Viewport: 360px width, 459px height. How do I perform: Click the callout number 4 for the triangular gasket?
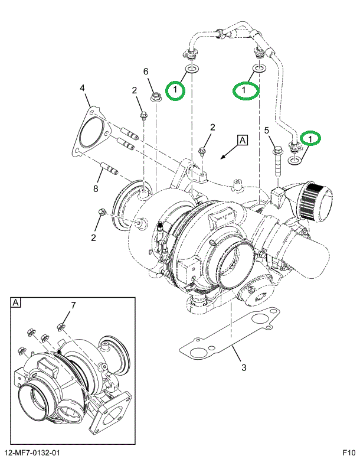tap(82, 88)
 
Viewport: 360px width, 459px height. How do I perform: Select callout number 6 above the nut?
tap(146, 71)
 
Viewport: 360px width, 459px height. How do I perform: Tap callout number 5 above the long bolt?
tap(267, 130)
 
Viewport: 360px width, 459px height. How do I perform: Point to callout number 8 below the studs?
tap(96, 189)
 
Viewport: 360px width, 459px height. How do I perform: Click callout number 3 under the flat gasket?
tap(244, 367)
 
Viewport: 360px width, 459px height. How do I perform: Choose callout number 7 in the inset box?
tap(73, 305)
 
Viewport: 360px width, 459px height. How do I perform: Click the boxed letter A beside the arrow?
tap(243, 140)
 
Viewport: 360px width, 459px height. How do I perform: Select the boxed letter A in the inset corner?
tap(16, 302)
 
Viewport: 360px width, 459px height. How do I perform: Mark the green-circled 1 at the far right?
tap(310, 138)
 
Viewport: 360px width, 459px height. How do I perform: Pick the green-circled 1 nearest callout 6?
tap(175, 90)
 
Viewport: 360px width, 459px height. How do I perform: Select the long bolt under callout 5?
tap(277, 162)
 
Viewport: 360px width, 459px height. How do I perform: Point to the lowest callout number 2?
tap(93, 237)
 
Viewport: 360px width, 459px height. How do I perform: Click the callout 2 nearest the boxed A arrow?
tap(212, 128)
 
